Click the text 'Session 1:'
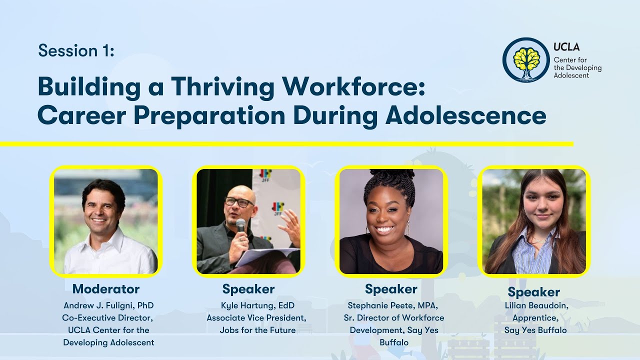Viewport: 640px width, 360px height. click(x=76, y=50)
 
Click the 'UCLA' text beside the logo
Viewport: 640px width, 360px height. click(x=566, y=47)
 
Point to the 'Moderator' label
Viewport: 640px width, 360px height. click(x=106, y=289)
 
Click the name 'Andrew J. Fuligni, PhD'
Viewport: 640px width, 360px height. click(x=108, y=305)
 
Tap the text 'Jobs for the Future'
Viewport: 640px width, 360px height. click(x=257, y=330)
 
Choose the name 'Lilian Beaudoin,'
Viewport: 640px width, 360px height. click(x=535, y=305)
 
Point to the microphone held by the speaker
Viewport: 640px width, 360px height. click(x=241, y=226)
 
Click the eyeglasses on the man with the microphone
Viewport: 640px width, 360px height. click(x=239, y=202)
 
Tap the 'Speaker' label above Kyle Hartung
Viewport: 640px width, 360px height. click(x=248, y=289)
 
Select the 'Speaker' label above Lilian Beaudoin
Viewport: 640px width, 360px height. click(x=533, y=292)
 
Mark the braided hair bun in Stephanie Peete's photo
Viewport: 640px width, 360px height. click(x=390, y=177)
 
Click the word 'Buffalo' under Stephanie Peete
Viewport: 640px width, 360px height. click(x=393, y=342)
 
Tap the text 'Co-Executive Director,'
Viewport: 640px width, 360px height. click(x=108, y=317)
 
